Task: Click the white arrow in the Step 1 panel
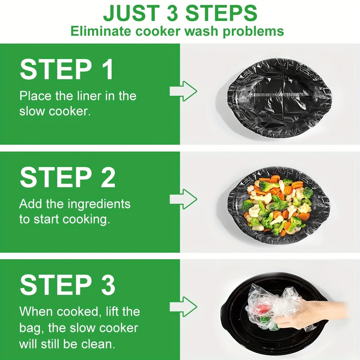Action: click(x=183, y=91)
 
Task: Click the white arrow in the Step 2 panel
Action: click(x=183, y=198)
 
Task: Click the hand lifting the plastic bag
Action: click(x=306, y=313)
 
